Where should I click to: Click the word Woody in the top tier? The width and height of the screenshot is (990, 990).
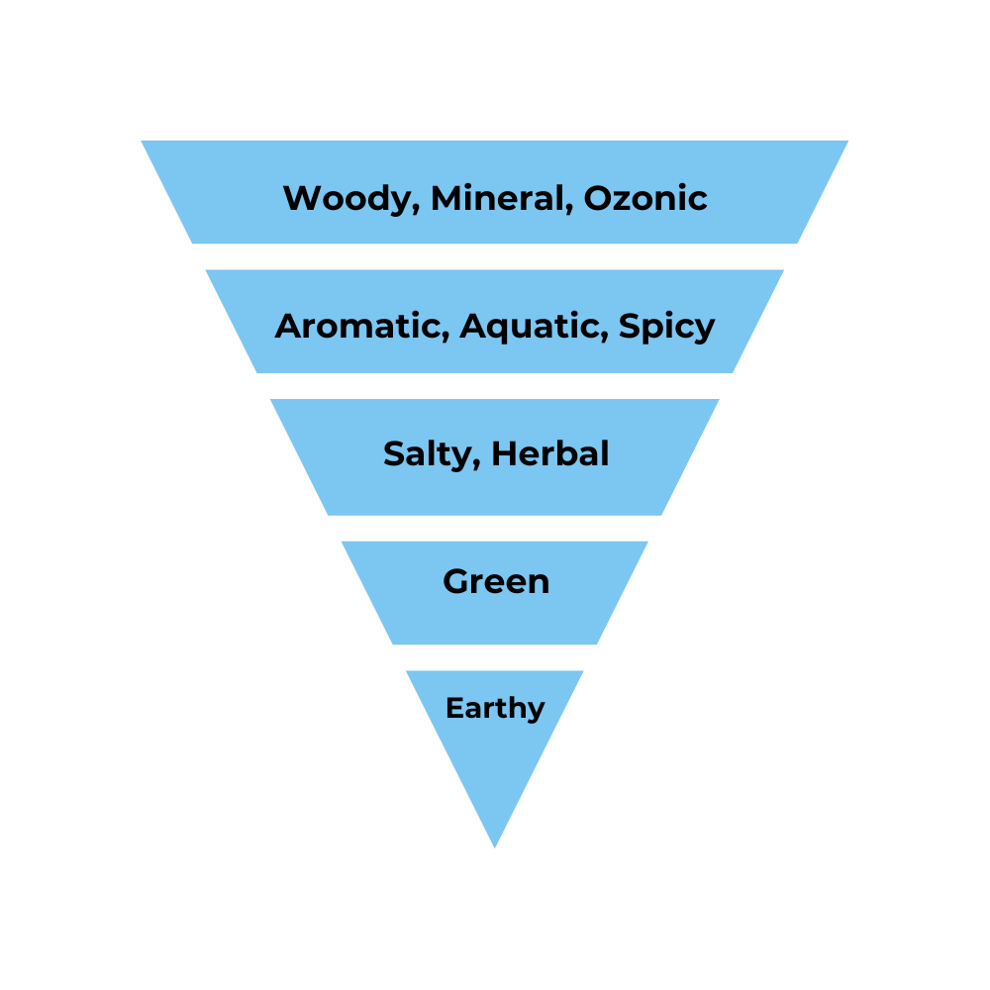point(340,198)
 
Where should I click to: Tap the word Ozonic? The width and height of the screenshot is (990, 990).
point(645,198)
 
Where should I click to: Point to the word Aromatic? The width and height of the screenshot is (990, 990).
point(361,326)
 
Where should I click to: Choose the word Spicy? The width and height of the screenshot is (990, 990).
point(666,326)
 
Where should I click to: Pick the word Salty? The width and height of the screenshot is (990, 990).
point(430,454)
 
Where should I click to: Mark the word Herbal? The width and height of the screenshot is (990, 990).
point(550,454)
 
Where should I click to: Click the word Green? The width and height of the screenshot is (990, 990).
point(496,581)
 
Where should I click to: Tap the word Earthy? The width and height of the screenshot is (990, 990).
point(495,709)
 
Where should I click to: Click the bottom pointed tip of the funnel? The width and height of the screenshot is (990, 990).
point(495,846)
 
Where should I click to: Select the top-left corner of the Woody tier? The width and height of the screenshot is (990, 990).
point(143,142)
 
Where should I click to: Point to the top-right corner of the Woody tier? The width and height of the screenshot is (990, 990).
point(847,142)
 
